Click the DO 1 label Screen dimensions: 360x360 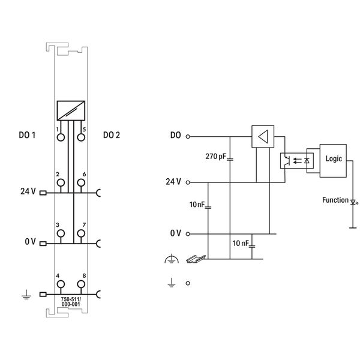(x=27, y=136)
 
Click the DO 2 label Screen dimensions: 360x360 (x=111, y=136)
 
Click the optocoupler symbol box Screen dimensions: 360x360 (x=293, y=161)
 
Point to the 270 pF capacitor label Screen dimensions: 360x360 (x=215, y=156)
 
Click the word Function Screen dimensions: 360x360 (x=334, y=200)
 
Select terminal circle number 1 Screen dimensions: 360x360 (x=60, y=137)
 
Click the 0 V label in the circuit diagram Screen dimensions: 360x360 (x=175, y=233)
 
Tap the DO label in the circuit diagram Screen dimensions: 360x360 (x=175, y=136)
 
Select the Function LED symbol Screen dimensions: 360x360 (x=352, y=203)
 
